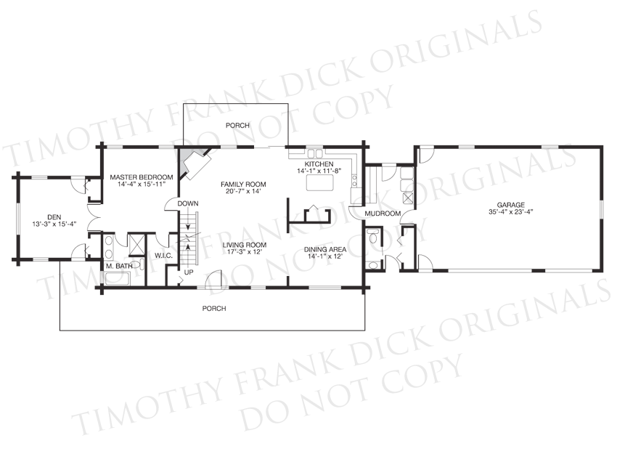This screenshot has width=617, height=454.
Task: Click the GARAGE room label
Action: point(510,205)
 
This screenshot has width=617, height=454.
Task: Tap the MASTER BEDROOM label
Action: point(142,177)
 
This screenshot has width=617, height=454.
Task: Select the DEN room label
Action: point(54,217)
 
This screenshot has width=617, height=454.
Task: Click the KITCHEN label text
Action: point(319,163)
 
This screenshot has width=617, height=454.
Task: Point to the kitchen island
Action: point(320,182)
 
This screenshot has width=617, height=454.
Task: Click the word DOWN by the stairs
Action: point(188,203)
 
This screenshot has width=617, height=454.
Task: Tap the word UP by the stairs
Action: point(189,272)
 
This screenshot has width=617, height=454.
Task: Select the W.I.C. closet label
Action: point(163,256)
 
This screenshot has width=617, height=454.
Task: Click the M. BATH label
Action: point(119,266)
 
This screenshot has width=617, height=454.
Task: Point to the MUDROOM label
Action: point(383,214)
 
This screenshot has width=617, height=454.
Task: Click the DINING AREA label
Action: point(325,249)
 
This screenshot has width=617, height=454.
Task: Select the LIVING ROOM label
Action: point(245,245)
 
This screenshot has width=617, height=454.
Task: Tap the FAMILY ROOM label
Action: point(243,185)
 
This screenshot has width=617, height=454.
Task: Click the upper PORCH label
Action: point(237,125)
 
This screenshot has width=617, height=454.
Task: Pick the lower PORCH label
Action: point(214,308)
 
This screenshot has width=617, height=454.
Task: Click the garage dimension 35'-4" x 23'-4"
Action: point(511,212)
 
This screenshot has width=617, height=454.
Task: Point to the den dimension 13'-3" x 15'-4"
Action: point(54,224)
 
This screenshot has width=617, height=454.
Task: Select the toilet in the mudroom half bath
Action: point(372,237)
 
